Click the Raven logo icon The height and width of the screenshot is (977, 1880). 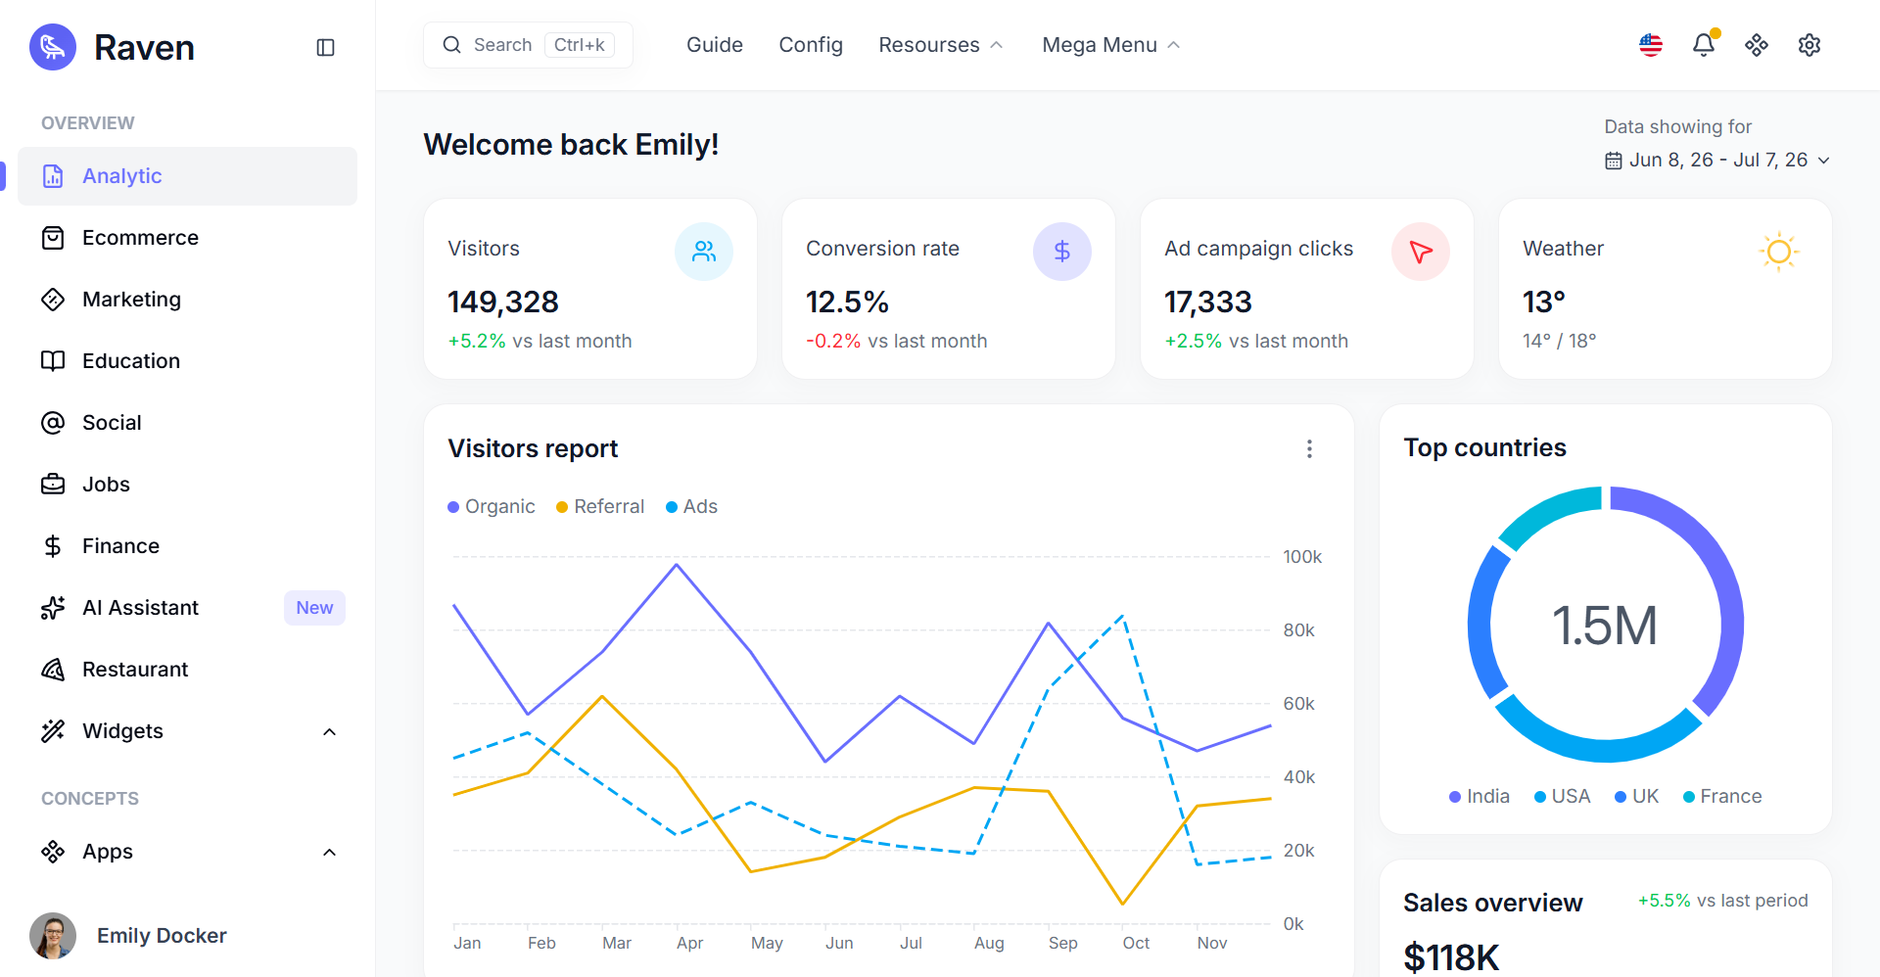tap(53, 47)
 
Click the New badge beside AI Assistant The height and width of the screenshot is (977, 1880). tap(314, 608)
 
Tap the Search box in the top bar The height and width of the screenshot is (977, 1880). tap(528, 45)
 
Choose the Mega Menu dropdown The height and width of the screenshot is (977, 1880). tap(1111, 45)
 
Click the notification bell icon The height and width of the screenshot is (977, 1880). tap(1704, 45)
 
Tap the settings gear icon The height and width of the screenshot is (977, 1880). tap(1809, 45)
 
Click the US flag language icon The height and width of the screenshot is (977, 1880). tap(1651, 45)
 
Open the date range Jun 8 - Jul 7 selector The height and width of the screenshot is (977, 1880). tap(1717, 161)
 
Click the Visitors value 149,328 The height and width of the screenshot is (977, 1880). tap(503, 302)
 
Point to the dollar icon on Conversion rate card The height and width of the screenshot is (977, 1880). tap(1062, 252)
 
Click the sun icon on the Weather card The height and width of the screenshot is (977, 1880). tap(1779, 252)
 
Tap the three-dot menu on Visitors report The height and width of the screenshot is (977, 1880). tap(1309, 448)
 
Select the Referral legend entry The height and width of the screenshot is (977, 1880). tap(600, 507)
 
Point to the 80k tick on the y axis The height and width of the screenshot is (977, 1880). tap(1299, 630)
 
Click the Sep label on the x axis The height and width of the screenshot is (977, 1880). tap(1063, 943)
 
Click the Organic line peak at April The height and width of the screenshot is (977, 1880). tap(677, 564)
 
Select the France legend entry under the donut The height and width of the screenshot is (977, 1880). tap(1722, 797)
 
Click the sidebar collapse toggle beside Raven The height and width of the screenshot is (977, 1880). tap(326, 47)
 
